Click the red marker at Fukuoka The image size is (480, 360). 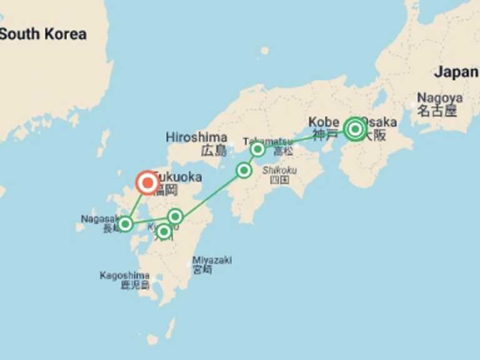tap(147, 183)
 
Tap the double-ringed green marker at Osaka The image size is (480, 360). tap(355, 129)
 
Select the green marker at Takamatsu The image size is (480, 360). tap(257, 149)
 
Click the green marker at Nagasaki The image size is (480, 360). tap(126, 224)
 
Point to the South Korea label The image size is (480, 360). tap(42, 34)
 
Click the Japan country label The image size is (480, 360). tap(456, 72)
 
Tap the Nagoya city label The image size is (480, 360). tap(440, 98)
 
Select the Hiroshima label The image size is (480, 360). tap(196, 137)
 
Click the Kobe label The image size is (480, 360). tap(322, 122)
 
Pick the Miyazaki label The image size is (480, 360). tap(212, 260)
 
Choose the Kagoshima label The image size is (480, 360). tap(124, 275)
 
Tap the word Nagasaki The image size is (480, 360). tap(97, 219)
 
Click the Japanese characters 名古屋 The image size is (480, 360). tap(437, 111)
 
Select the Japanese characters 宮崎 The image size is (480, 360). tap(202, 270)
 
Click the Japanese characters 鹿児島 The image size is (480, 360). tap(136, 285)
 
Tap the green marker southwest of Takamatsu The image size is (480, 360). tap(244, 170)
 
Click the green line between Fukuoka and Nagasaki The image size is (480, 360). tap(137, 203)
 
